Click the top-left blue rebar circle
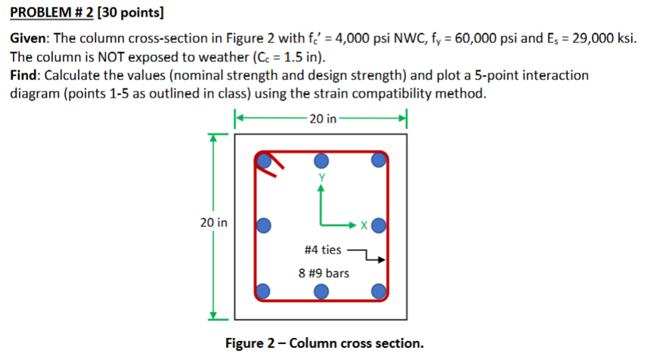(x=264, y=161)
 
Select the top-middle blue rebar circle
(x=321, y=160)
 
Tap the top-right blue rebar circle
(x=378, y=160)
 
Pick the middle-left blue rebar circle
(x=264, y=225)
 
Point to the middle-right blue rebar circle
(x=378, y=225)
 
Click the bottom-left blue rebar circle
(x=264, y=290)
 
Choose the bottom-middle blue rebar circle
(x=321, y=290)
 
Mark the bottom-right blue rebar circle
(x=378, y=290)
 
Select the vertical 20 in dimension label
(x=212, y=223)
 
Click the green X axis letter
(x=364, y=225)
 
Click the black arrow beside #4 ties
(x=370, y=255)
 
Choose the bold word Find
(x=24, y=76)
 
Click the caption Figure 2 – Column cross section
(x=324, y=343)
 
